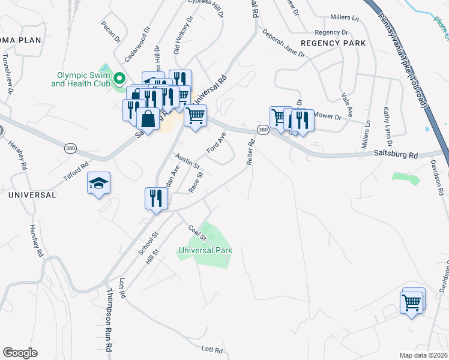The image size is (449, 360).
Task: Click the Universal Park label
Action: click(205, 250)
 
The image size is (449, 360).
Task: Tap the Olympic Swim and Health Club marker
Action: click(119, 79)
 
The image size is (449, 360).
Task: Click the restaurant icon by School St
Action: click(155, 197)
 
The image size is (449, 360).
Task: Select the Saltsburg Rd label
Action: click(396, 155)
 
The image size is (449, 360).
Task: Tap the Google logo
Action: click(20, 353)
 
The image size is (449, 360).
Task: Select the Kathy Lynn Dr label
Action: click(387, 127)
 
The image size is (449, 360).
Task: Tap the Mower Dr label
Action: click(327, 116)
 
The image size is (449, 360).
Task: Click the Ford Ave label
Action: click(215, 142)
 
